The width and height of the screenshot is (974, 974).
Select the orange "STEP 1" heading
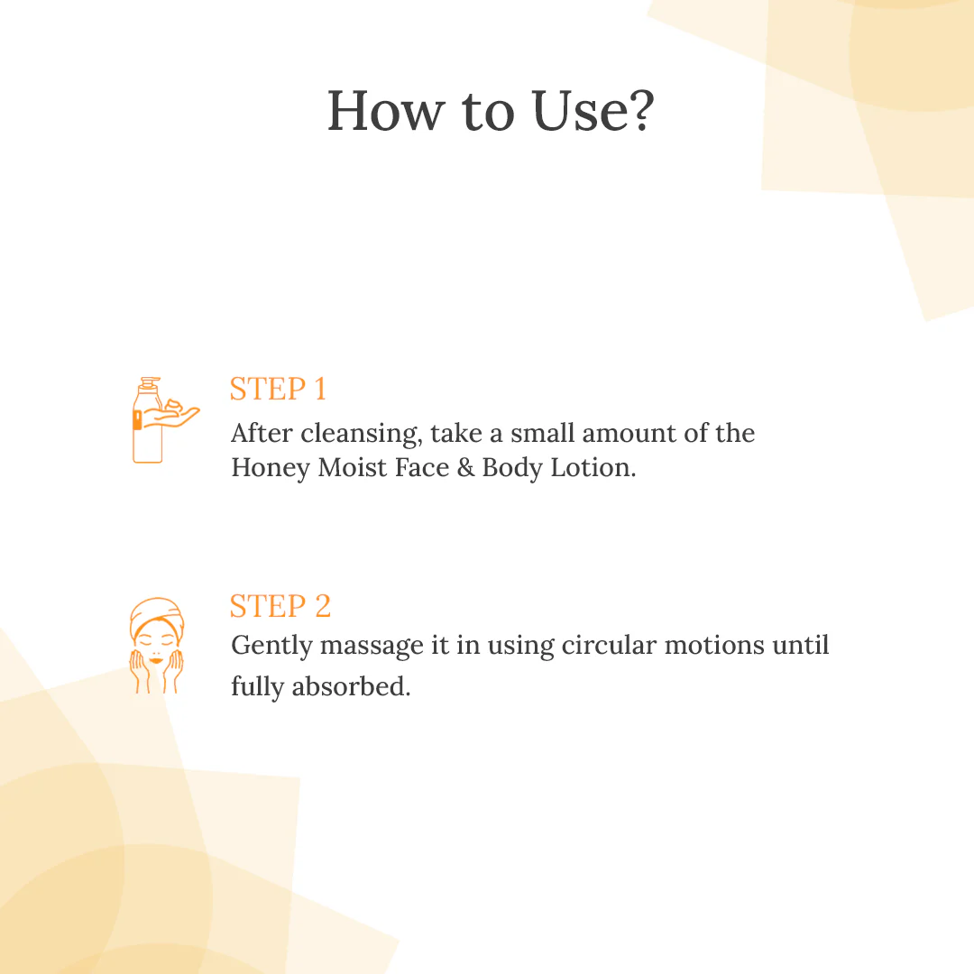(x=278, y=389)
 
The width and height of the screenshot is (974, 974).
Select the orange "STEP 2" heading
(x=280, y=605)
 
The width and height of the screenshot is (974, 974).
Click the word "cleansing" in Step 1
(x=360, y=434)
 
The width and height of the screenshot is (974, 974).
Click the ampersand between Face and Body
(x=465, y=468)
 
